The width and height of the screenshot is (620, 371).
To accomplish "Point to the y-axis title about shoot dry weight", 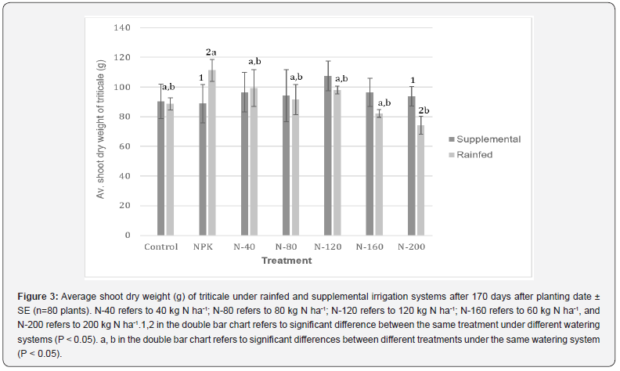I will [x=101, y=131].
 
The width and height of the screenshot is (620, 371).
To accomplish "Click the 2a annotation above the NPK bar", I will [x=211, y=52].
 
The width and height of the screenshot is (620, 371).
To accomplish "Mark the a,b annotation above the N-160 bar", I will [x=384, y=103].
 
